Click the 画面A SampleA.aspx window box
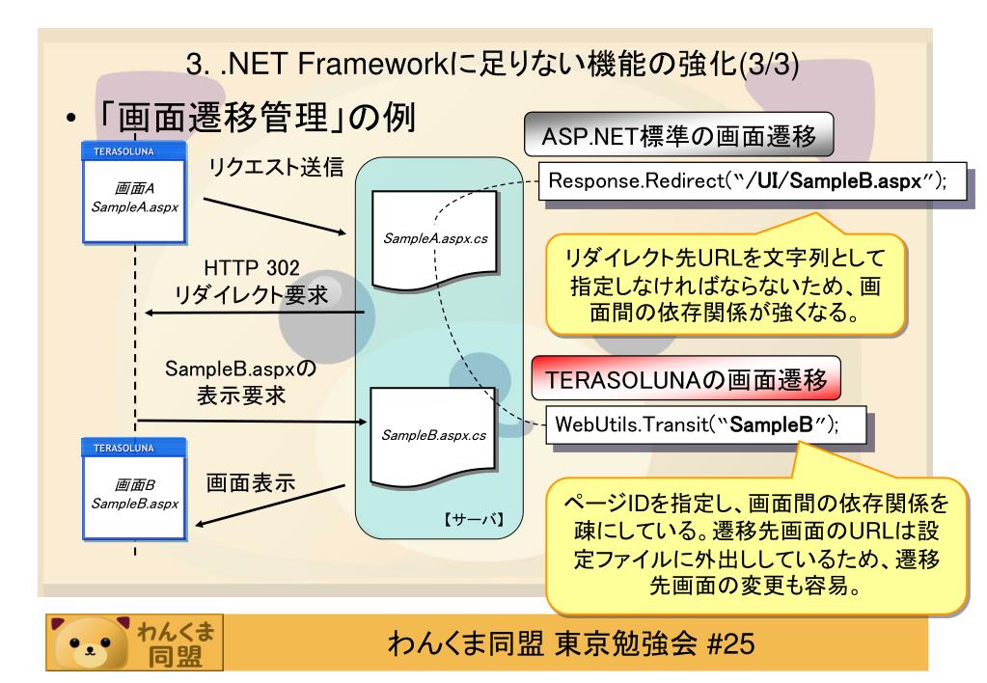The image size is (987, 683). point(134,193)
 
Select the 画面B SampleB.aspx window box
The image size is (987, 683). point(134,489)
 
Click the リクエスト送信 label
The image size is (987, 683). point(276,167)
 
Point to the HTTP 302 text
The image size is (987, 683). point(251,267)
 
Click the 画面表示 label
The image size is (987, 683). point(251,482)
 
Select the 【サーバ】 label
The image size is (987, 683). point(474,519)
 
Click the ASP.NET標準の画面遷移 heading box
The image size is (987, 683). point(678,135)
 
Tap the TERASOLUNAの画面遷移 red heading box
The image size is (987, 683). point(686,378)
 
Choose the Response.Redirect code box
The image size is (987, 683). point(753,181)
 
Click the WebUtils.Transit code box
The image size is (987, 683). point(705,424)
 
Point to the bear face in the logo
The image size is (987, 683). point(89,642)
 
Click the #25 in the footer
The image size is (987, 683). point(730,644)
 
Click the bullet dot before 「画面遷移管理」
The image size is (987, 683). point(71,119)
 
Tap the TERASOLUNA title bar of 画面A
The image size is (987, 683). point(133,151)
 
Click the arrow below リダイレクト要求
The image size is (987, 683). point(255,313)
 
